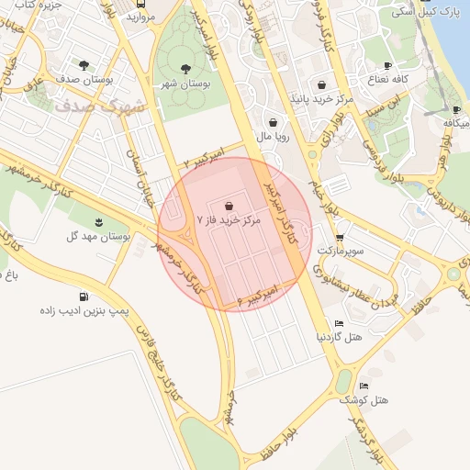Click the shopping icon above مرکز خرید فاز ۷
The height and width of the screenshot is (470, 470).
pos(228,206)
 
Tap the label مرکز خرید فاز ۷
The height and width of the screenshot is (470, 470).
pos(229,221)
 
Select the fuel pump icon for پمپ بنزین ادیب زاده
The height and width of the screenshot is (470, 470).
pos(84,297)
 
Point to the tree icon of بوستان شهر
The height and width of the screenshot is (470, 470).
pos(185,68)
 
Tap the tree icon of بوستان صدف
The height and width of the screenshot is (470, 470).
pos(84,65)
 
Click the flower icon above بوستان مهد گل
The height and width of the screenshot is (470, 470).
pos(99,221)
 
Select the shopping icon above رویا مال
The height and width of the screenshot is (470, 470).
pos(274,122)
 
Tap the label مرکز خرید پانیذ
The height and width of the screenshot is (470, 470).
pos(321,96)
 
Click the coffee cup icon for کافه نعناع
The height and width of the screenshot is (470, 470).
pos(387,65)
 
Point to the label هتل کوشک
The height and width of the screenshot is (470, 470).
pos(364,400)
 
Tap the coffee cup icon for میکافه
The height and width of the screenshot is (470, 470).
pos(456,109)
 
